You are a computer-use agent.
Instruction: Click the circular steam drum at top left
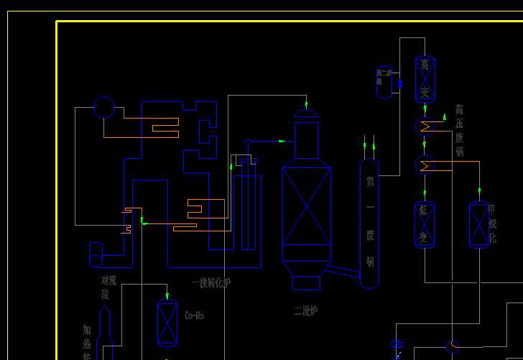[x=104, y=107]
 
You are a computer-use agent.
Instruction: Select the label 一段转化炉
[x=210, y=282]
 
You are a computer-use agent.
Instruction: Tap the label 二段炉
[x=305, y=311]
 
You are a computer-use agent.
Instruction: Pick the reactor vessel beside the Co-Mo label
[x=167, y=323]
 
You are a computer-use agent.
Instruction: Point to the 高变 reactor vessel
[x=425, y=79]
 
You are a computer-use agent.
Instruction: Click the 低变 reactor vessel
[x=425, y=225]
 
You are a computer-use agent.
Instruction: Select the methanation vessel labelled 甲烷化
[x=479, y=225]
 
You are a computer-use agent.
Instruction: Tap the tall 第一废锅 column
[x=369, y=223]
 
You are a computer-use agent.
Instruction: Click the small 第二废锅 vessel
[x=384, y=82]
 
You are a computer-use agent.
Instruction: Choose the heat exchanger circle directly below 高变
[x=425, y=126]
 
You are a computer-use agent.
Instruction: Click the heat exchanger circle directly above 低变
[x=425, y=165]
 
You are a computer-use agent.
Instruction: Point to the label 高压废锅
[x=459, y=130]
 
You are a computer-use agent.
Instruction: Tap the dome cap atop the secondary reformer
[x=306, y=113]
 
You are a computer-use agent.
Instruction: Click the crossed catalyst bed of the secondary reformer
[x=306, y=206]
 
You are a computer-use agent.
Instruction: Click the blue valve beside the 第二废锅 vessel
[x=400, y=84]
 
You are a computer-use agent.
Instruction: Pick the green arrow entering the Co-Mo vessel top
[x=167, y=295]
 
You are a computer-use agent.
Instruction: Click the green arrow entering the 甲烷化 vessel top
[x=479, y=193]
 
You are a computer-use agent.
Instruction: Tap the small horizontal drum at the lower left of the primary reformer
[x=95, y=254]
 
